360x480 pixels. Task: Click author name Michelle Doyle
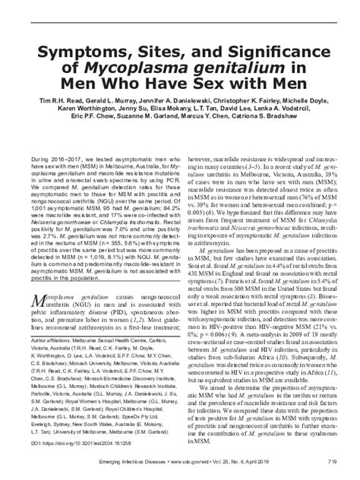pyautogui.click(x=310, y=122)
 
